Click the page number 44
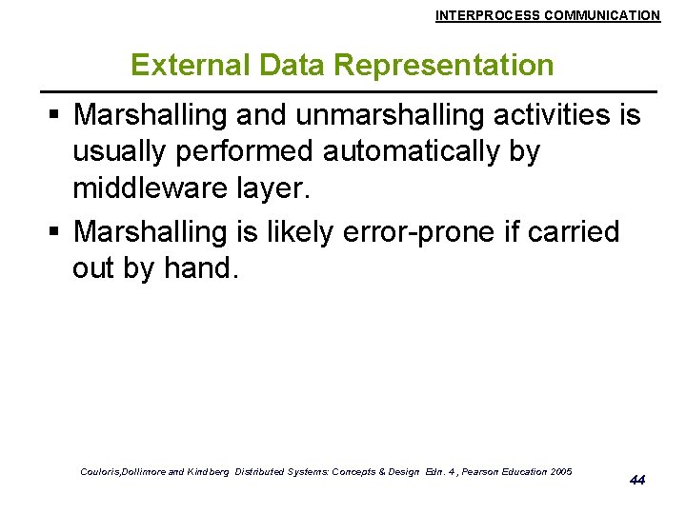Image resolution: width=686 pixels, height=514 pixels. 637,480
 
